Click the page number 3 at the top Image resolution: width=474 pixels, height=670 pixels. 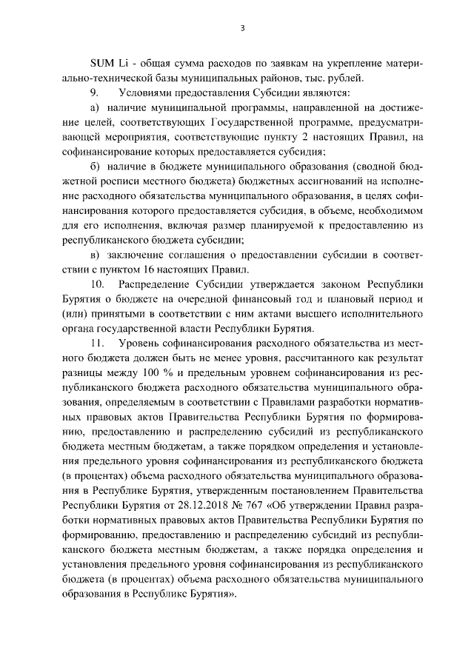click(x=242, y=29)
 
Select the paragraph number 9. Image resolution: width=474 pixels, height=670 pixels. click(x=93, y=93)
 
